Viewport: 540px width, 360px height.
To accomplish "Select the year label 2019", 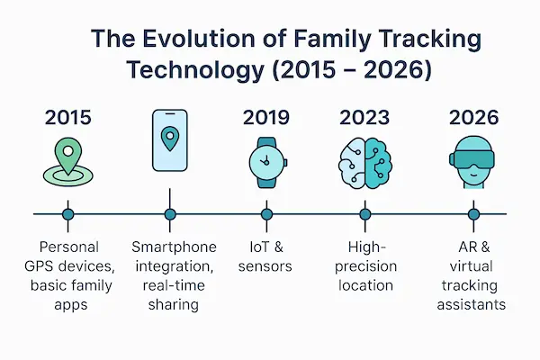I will (266, 117).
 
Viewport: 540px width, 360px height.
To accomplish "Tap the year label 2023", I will (364, 117).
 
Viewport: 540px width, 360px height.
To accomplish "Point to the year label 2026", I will (473, 117).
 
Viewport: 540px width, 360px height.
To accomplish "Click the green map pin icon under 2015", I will (67, 160).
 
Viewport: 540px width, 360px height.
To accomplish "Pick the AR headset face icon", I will (473, 163).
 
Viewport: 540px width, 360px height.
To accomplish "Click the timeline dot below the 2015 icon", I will (67, 214).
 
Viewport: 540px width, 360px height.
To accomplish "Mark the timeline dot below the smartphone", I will (169, 214).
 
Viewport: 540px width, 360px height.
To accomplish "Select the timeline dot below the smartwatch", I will (266, 214).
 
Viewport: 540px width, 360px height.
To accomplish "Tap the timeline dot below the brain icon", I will (364, 214).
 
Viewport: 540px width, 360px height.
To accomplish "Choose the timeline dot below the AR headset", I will (473, 214).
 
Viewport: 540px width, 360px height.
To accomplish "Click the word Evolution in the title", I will (191, 40).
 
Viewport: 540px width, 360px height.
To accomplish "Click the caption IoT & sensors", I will (266, 256).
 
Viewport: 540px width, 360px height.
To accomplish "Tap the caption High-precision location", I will (364, 265).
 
